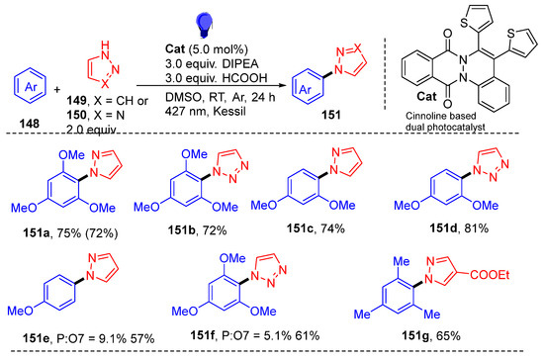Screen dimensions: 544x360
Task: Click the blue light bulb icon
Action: tap(204, 26)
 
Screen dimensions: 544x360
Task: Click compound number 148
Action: tap(30, 124)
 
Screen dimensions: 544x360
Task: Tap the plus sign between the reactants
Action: tap(57, 89)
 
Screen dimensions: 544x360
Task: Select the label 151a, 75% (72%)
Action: tap(70, 233)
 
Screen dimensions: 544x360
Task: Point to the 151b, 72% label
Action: tap(197, 229)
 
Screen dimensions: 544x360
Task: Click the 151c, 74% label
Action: tap(316, 228)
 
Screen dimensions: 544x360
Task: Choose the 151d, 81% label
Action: tap(459, 227)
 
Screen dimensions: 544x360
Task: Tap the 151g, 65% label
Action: tap(431, 335)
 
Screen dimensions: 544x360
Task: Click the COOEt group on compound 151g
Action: tap(490, 275)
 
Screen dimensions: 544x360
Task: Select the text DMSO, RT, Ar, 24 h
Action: tap(221, 97)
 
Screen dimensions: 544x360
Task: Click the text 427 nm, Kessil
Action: tap(206, 111)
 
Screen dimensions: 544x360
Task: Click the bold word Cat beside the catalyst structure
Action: tap(426, 96)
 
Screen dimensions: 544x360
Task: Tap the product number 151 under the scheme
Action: tap(331, 115)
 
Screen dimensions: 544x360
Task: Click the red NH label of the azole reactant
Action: tap(105, 49)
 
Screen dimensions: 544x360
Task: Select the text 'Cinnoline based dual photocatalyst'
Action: tap(445, 122)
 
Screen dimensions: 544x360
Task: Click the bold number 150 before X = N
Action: tap(76, 115)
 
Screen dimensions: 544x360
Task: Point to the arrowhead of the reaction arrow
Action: tap(281, 85)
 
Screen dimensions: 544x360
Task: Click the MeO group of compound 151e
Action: tap(21, 311)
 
